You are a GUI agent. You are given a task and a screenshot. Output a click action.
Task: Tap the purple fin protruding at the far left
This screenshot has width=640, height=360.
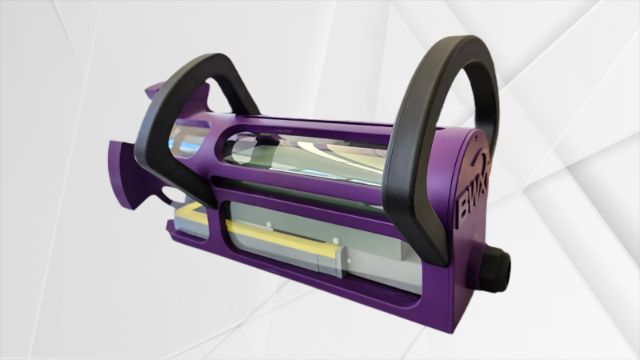[120, 172]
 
